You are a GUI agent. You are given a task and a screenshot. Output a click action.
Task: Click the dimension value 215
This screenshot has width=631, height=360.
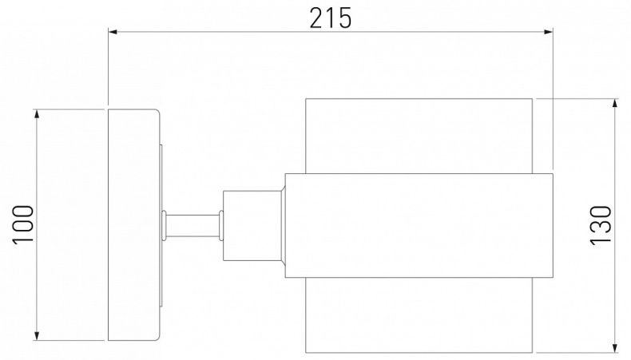[x=330, y=17]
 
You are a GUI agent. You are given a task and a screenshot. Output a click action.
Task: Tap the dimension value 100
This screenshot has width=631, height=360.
[x=24, y=224]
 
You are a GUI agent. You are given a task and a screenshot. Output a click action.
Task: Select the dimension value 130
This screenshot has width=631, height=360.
[x=600, y=224]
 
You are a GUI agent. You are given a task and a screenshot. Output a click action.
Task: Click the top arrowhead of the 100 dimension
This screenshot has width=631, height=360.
[x=37, y=113]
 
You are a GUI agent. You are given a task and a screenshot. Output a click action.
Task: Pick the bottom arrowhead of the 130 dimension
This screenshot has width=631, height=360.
[x=614, y=347]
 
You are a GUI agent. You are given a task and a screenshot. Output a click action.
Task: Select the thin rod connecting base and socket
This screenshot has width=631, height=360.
[x=192, y=224]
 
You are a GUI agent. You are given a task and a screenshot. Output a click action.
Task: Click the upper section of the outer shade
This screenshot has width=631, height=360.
[x=419, y=135]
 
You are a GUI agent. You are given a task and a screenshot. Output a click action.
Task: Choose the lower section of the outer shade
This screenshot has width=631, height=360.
[x=419, y=315]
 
